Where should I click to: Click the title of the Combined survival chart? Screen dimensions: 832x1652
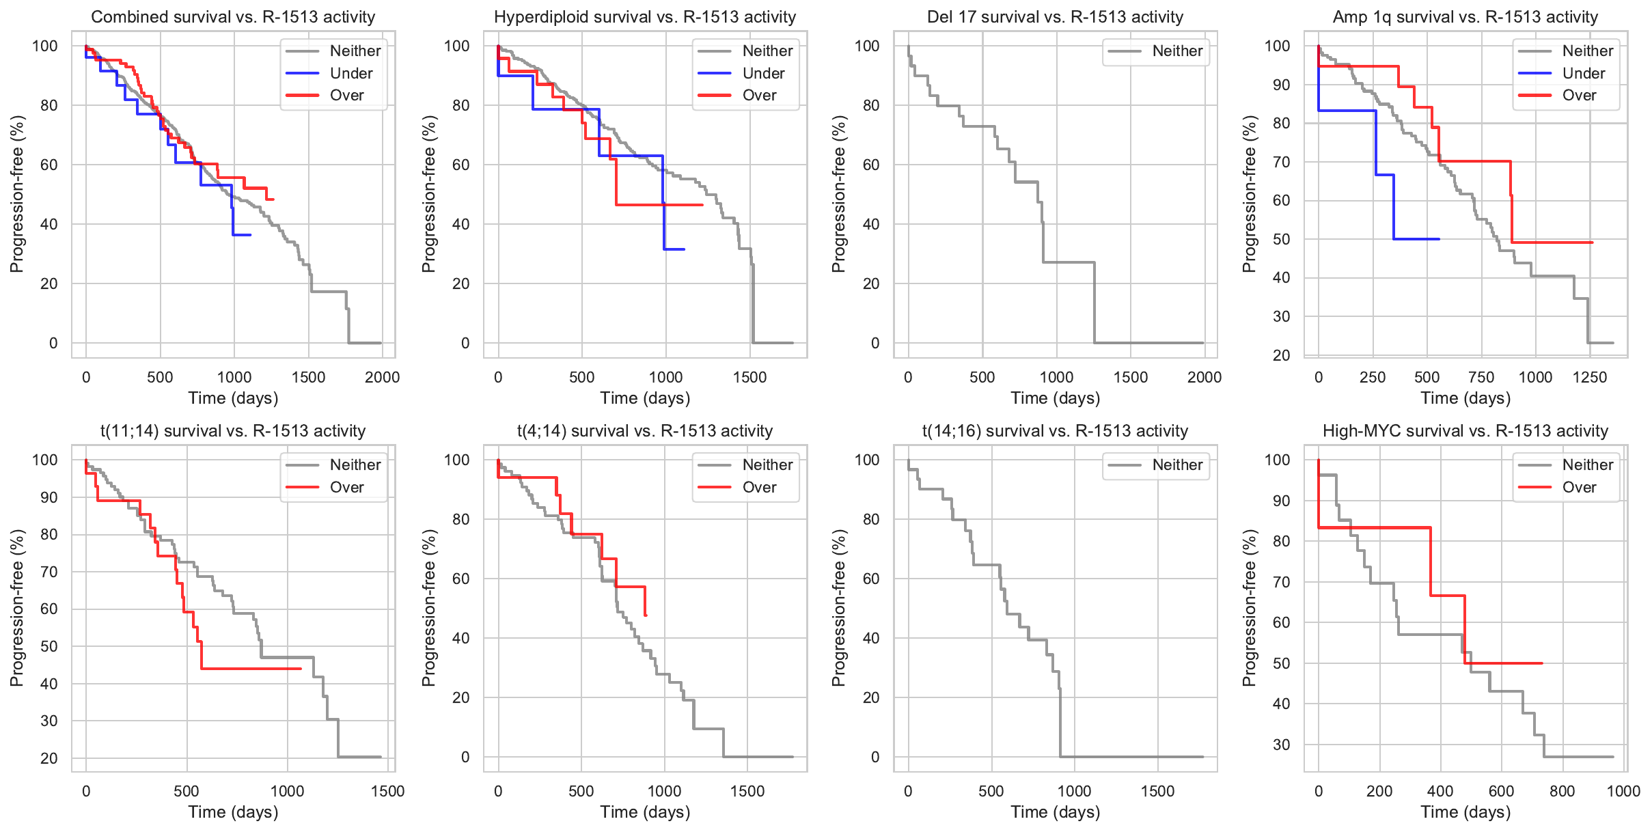pos(233,17)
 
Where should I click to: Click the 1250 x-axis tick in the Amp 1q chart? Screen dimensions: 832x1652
pos(1590,378)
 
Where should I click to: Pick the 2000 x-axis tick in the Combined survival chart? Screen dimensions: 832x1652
pos(382,378)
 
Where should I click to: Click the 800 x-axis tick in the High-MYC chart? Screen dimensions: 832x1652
pos(1562,792)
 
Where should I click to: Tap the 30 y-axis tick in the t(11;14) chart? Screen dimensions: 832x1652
pos(49,721)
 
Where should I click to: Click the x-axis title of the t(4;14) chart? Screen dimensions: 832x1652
pos(645,812)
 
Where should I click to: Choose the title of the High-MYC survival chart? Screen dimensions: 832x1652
pos(1465,431)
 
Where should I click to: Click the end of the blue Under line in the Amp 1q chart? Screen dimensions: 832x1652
pos(1440,239)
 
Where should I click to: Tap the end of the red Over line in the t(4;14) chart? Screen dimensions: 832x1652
pos(646,615)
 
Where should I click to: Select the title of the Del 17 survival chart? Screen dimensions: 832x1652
pos(1055,17)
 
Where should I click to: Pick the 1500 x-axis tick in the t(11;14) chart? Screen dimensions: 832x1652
pos(387,792)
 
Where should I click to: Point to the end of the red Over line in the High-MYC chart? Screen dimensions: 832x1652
pos(1542,663)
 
